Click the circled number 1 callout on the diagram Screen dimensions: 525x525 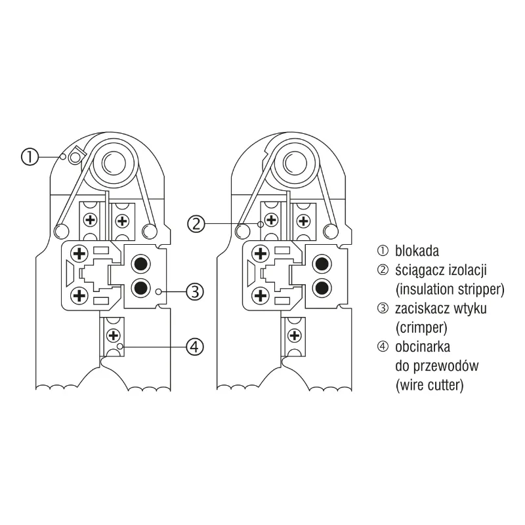point(30,157)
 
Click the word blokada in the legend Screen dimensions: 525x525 point(417,251)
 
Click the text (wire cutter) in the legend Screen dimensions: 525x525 point(429,384)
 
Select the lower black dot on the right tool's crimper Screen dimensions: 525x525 point(322,287)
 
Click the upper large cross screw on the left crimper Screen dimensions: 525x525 point(79,253)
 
